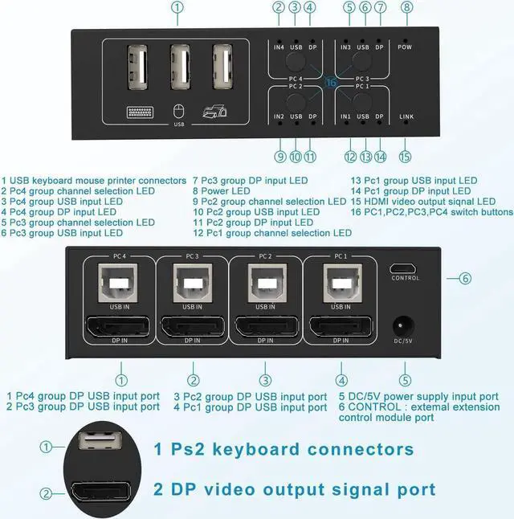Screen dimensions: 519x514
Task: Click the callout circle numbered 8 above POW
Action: coord(407,8)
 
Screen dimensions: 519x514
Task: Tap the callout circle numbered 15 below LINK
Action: coord(406,157)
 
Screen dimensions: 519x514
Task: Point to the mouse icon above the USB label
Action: coord(179,112)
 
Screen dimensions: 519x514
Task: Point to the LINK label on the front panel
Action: coord(407,117)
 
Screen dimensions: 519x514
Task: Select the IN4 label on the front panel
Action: coord(279,47)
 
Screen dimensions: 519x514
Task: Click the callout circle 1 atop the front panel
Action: coord(178,8)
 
